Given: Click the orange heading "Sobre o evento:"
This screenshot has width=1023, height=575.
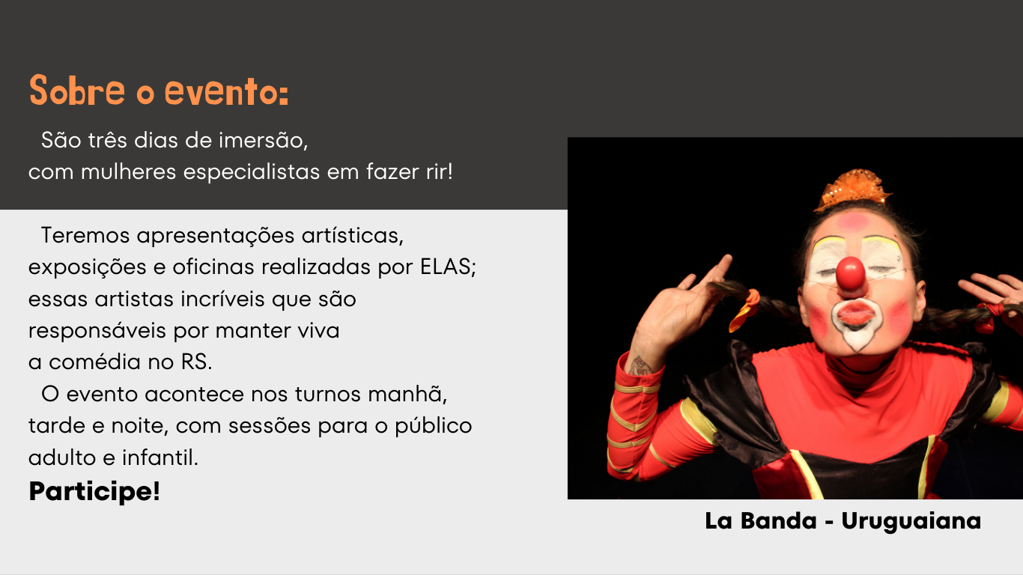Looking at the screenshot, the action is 159,91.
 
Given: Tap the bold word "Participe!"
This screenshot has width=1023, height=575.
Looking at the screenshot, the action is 94,491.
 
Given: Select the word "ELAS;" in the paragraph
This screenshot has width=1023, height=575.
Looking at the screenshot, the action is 448,267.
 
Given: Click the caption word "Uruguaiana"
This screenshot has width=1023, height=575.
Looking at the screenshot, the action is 911,521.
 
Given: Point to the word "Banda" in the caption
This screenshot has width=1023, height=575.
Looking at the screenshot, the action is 778,520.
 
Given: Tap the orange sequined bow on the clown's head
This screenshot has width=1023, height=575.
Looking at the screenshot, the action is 853,189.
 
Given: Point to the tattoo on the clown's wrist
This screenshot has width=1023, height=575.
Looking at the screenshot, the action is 640,366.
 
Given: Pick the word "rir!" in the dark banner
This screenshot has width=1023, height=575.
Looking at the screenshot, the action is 440,171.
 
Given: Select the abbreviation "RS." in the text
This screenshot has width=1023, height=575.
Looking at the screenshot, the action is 196,362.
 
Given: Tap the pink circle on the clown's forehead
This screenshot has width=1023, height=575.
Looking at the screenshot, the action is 854,222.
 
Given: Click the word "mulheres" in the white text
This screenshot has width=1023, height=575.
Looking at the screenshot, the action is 128,171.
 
